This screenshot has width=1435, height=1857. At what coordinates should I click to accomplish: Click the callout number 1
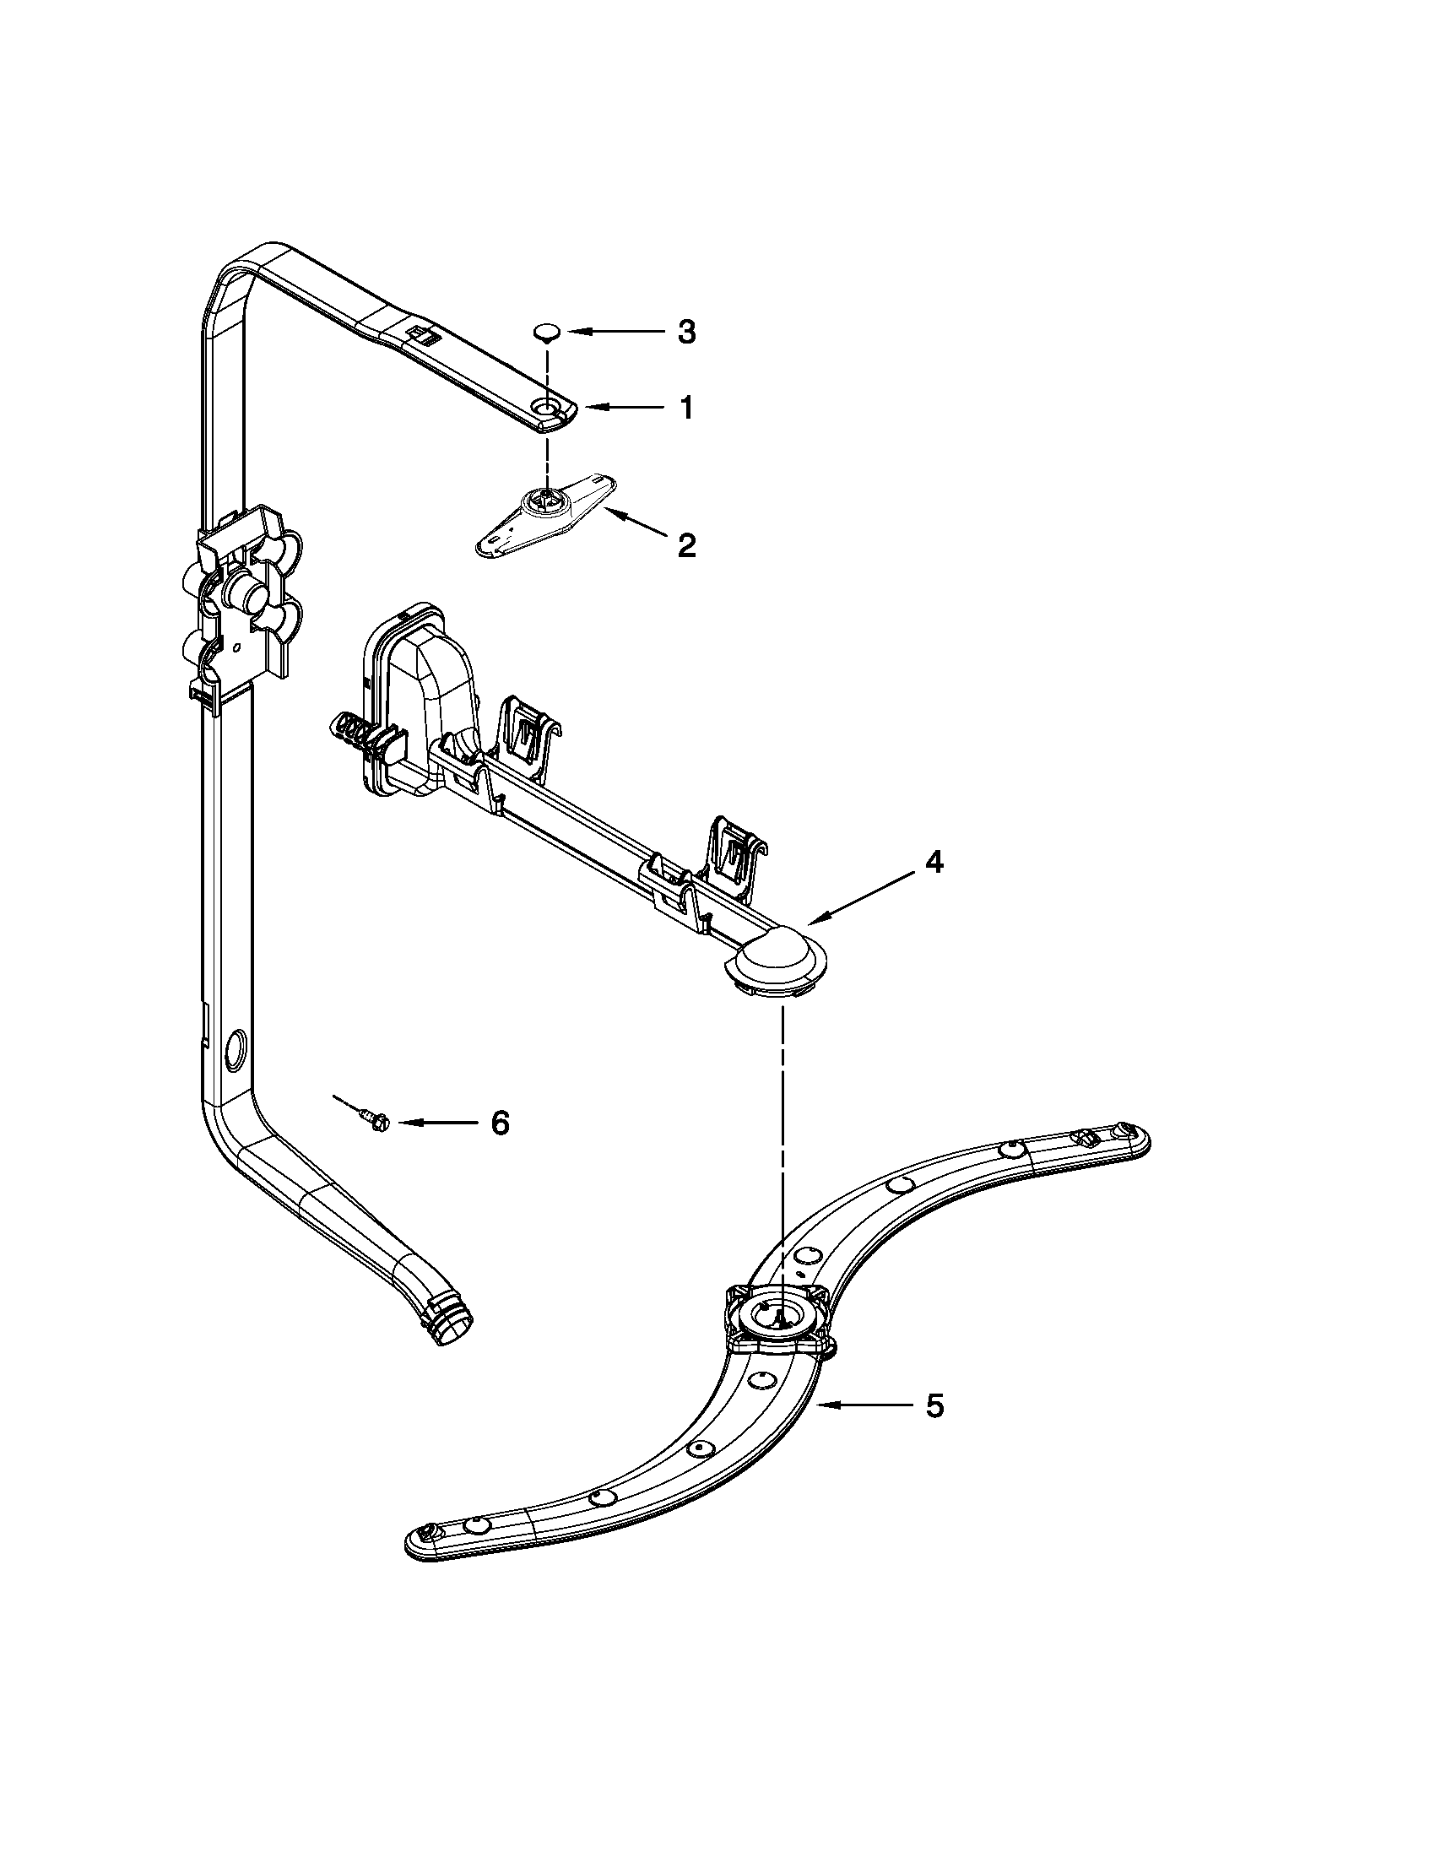tap(685, 409)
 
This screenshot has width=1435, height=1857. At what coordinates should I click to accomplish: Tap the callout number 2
tap(686, 545)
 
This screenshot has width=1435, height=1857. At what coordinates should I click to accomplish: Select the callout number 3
tap(686, 333)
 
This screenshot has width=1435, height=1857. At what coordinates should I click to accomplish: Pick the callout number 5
tap(934, 1406)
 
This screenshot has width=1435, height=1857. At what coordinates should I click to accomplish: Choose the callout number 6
tap(500, 1123)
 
